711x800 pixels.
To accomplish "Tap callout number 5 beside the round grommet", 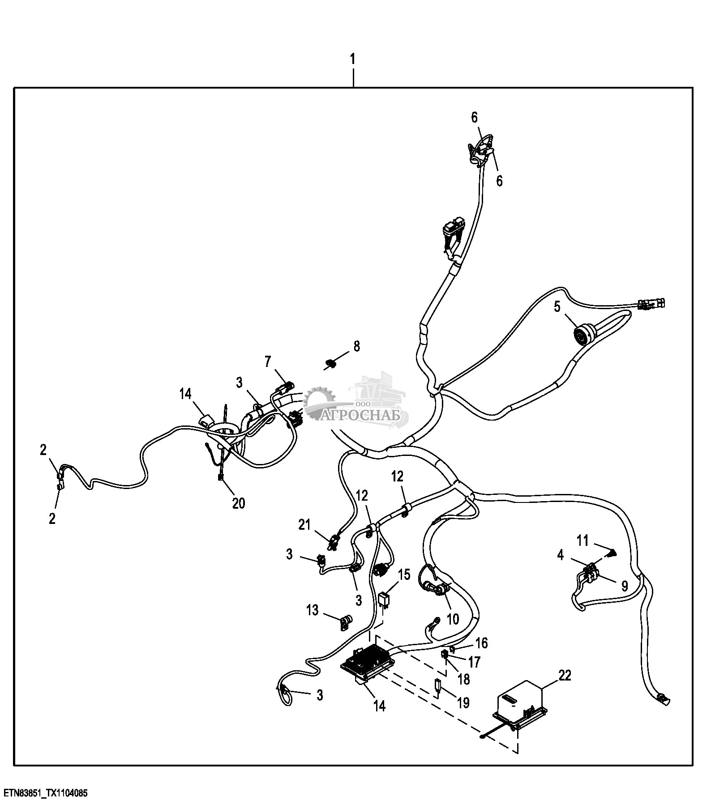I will (x=557, y=307).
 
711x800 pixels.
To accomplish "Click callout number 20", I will (x=239, y=503).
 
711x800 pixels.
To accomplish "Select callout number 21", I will (x=304, y=525).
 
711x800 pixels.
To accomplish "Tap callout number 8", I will (x=356, y=346).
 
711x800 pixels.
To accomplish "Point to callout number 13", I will (x=312, y=609).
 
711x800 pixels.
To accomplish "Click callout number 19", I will (x=463, y=702).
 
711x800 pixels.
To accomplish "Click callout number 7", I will (x=268, y=362).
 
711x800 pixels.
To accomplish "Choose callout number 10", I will (x=453, y=619).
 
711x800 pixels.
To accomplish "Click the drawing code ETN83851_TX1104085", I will (x=44, y=793).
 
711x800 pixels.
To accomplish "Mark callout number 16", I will (x=481, y=643).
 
